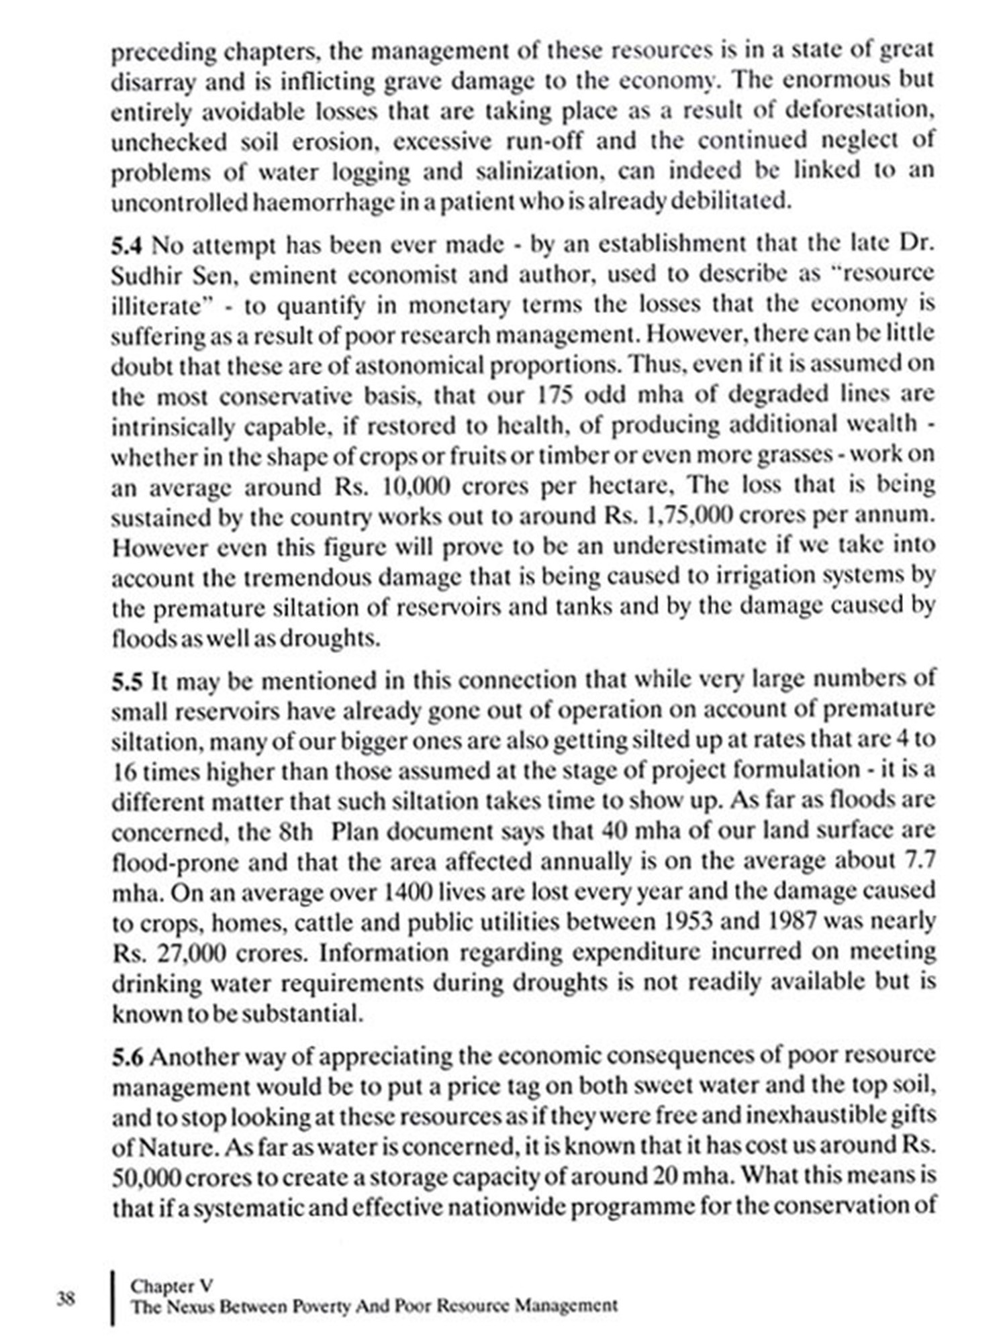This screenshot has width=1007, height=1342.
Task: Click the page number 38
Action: click(65, 1298)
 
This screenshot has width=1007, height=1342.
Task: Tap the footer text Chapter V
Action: click(171, 1286)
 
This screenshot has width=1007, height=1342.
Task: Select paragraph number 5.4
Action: click(127, 245)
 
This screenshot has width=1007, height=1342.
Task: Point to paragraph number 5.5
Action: click(127, 681)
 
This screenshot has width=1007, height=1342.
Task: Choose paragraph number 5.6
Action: click(127, 1057)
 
